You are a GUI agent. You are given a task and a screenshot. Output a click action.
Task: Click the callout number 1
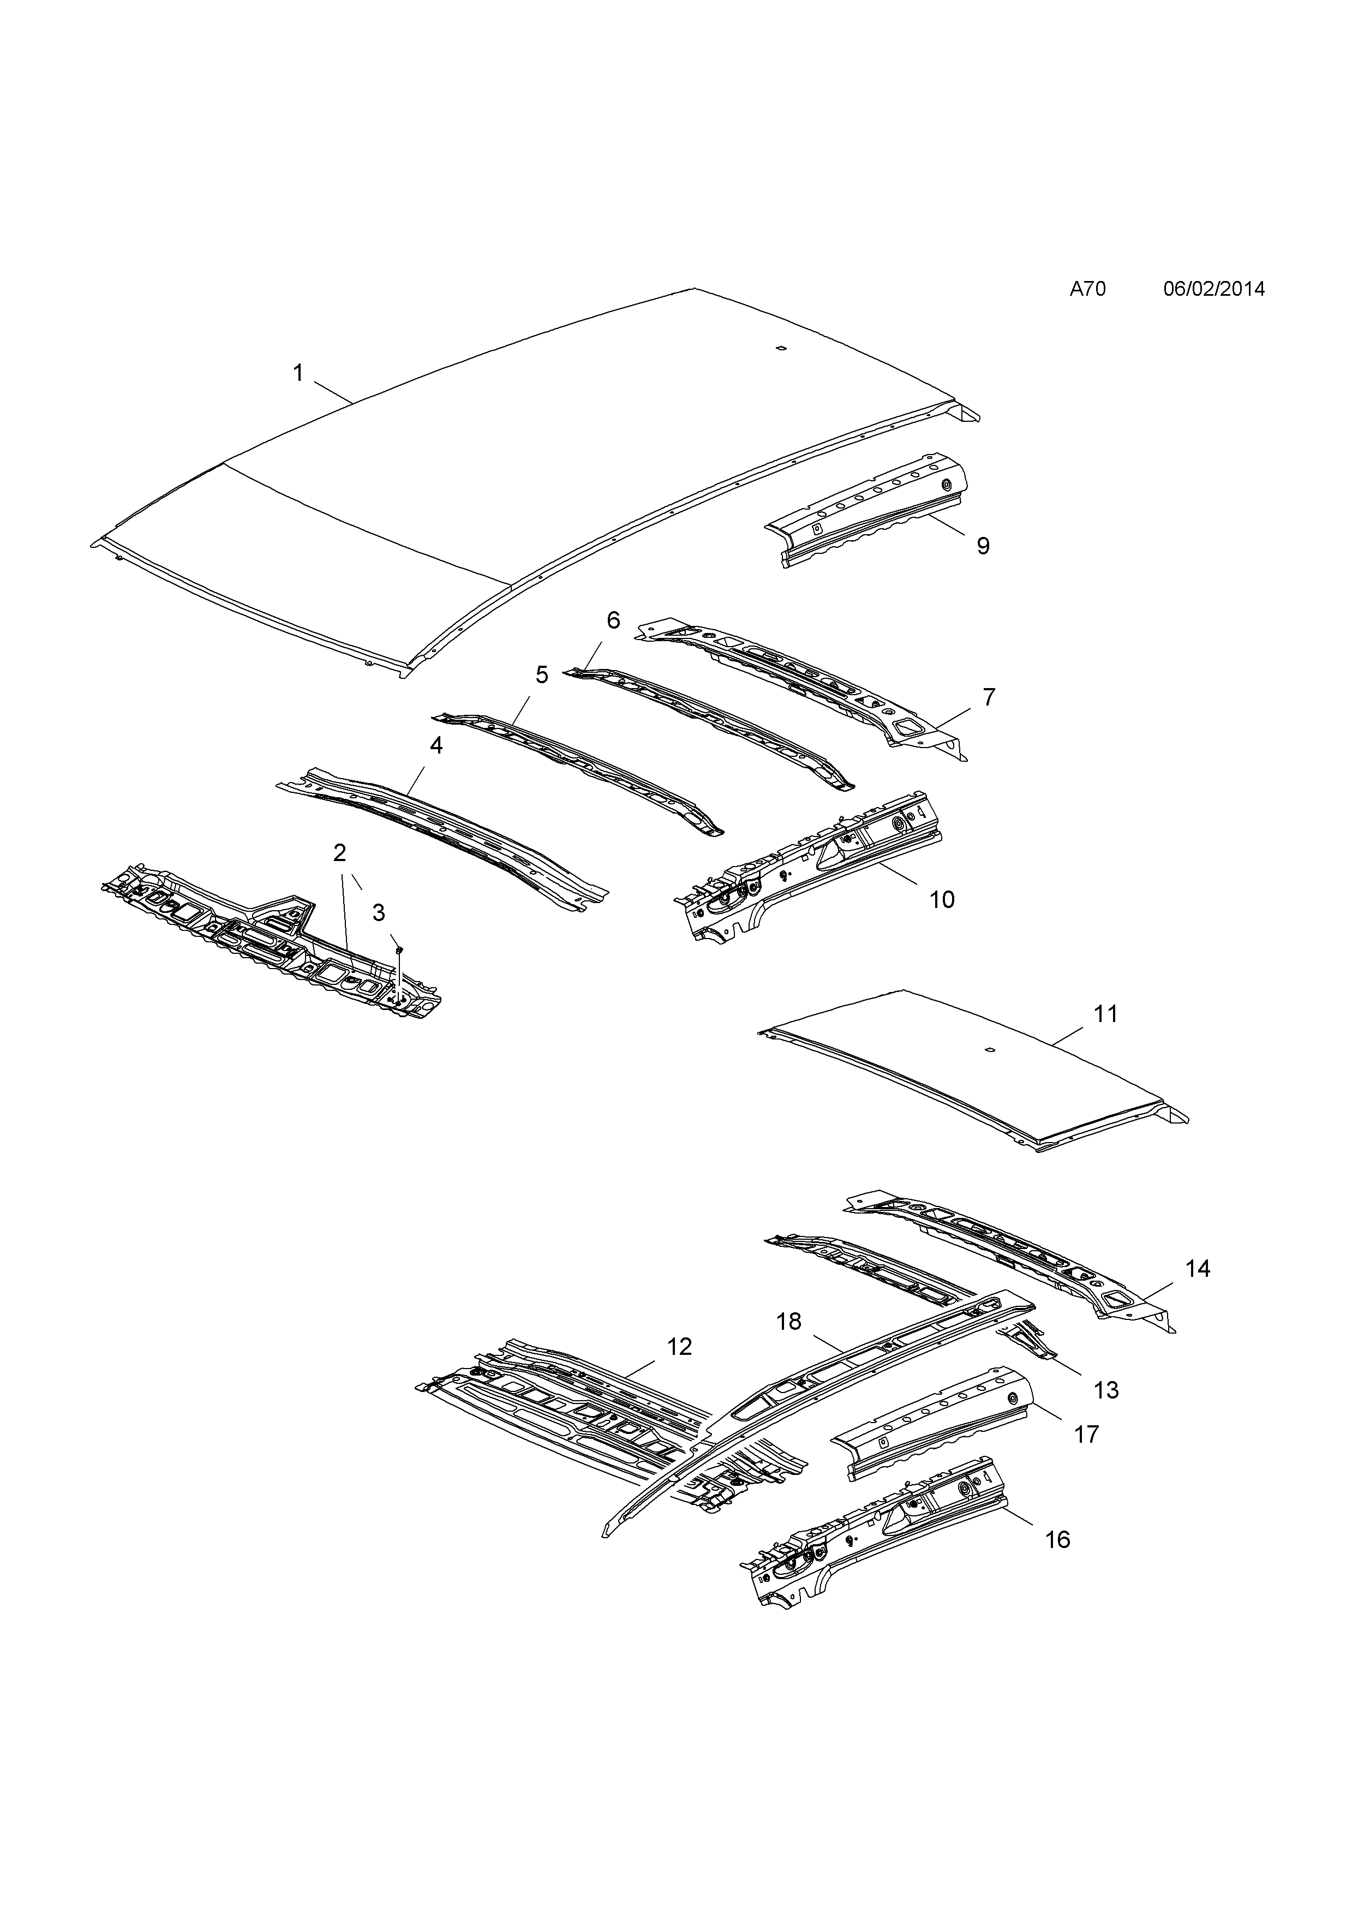pos(298,373)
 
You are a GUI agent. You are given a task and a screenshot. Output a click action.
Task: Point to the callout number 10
pos(942,899)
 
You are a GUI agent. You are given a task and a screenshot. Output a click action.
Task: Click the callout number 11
pos(1105,1014)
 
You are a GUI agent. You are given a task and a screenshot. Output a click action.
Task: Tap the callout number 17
pos(1087,1434)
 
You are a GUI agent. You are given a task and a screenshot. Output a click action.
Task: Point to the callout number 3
pos(379,913)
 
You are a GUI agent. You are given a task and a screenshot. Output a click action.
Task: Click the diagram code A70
pos(1087,289)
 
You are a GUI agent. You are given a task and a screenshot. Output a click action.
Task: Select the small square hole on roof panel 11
pos(989,1050)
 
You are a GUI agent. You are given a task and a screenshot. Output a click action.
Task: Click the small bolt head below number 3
pos(399,948)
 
